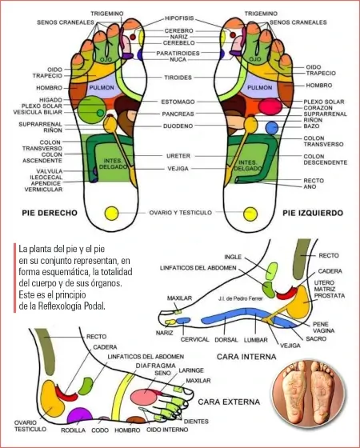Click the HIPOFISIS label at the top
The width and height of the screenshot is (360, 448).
(179, 18)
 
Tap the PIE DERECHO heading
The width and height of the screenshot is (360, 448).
(50, 213)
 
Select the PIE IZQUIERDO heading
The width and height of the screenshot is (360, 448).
(313, 213)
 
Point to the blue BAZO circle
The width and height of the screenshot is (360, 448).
(272, 128)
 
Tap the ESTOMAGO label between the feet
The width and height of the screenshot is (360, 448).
(178, 102)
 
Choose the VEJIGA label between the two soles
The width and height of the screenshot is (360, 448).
(178, 169)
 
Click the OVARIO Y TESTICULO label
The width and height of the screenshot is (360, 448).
(181, 213)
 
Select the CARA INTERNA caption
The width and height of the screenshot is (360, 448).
(246, 357)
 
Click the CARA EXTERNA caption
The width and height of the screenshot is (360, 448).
(229, 402)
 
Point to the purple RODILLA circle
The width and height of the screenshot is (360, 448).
(80, 415)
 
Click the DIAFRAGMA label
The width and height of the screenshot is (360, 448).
(155, 366)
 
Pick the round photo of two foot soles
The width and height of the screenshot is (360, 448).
(308, 394)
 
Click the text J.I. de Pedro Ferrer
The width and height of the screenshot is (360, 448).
(240, 299)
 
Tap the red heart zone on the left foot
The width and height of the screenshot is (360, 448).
(270, 106)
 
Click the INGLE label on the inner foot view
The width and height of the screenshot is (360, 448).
(233, 257)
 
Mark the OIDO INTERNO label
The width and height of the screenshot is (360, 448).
(167, 430)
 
